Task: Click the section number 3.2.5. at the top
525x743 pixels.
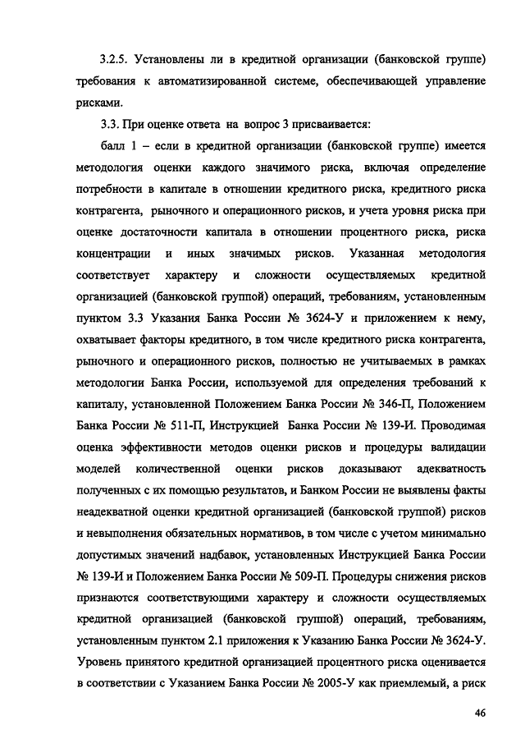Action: [x=113, y=61]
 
